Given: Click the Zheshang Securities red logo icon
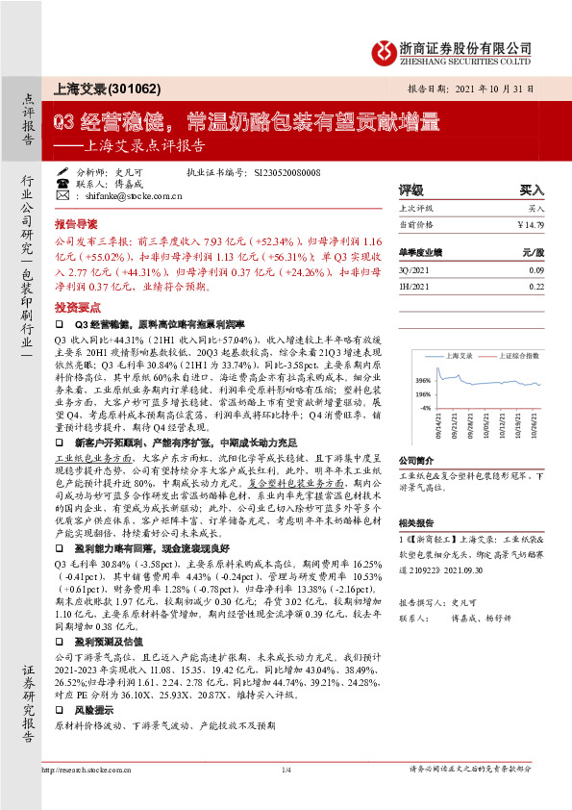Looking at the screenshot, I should [382, 52].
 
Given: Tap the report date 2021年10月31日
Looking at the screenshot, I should [502, 87].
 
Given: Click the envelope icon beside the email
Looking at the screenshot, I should [62, 194].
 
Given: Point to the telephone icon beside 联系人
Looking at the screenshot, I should [62, 183].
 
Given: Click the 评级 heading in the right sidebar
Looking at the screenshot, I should [410, 190].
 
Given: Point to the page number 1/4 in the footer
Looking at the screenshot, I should [286, 770].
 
